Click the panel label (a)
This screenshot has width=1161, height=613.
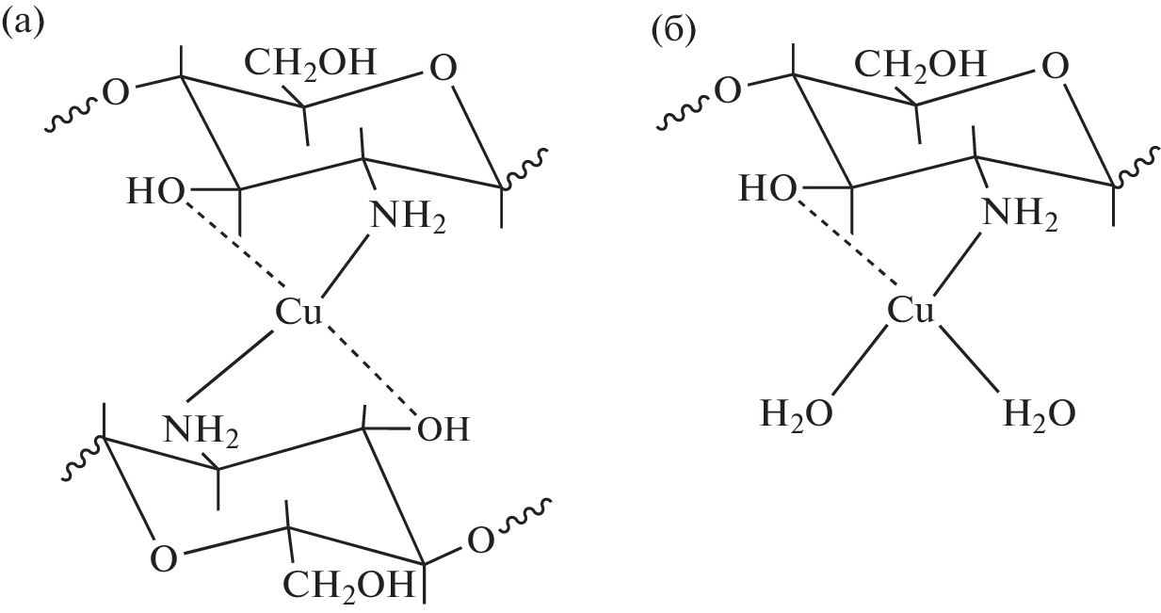click(x=23, y=24)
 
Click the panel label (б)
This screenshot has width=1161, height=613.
click(x=673, y=31)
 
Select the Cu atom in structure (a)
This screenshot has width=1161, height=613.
click(x=298, y=312)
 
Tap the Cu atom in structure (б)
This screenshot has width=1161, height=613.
click(x=911, y=311)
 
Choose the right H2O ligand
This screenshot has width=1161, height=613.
click(x=1040, y=414)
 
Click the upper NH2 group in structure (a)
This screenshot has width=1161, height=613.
click(x=408, y=217)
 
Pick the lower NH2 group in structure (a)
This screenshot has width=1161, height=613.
click(x=202, y=431)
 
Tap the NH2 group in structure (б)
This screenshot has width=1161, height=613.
click(x=1020, y=215)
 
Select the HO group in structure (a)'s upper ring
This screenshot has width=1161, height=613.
click(x=155, y=191)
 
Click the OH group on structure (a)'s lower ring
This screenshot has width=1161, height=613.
click(x=443, y=429)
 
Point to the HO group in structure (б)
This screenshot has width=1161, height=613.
click(x=767, y=188)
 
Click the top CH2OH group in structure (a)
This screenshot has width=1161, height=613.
click(x=310, y=64)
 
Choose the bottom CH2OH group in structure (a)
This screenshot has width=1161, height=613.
click(x=348, y=586)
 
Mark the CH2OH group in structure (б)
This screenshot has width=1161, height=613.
click(x=920, y=66)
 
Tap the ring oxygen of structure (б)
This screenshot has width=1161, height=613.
click(x=1056, y=67)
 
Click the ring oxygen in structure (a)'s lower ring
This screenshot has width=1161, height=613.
click(x=164, y=559)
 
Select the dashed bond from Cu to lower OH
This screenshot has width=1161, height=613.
click(x=371, y=369)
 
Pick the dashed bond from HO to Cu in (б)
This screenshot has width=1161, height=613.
click(x=847, y=243)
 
